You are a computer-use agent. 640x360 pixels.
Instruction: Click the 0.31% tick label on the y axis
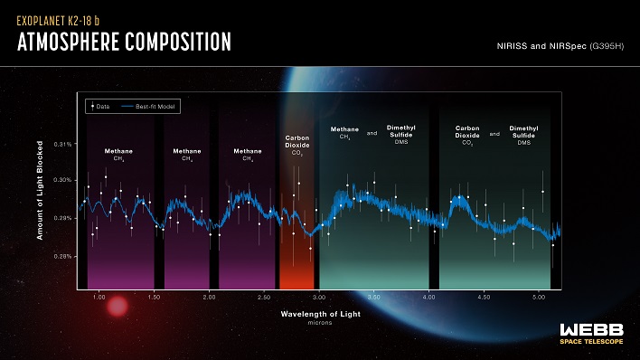tap(63, 143)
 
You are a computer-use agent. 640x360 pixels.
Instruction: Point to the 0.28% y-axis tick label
tap(63, 256)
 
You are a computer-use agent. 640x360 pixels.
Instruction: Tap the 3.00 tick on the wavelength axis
tap(319, 296)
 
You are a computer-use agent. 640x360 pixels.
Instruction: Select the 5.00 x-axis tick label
tap(539, 296)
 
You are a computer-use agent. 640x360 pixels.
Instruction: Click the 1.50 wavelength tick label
tap(155, 296)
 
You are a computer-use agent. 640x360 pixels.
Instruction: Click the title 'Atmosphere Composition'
tap(124, 43)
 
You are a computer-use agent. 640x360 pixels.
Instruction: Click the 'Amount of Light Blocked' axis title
tap(41, 194)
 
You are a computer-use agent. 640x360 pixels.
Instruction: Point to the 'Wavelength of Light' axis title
tap(319, 313)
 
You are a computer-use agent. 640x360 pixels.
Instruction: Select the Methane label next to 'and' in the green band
tap(344, 133)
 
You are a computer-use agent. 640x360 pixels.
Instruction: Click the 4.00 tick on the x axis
tap(429, 296)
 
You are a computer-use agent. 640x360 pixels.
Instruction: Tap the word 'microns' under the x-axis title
tap(319, 321)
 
